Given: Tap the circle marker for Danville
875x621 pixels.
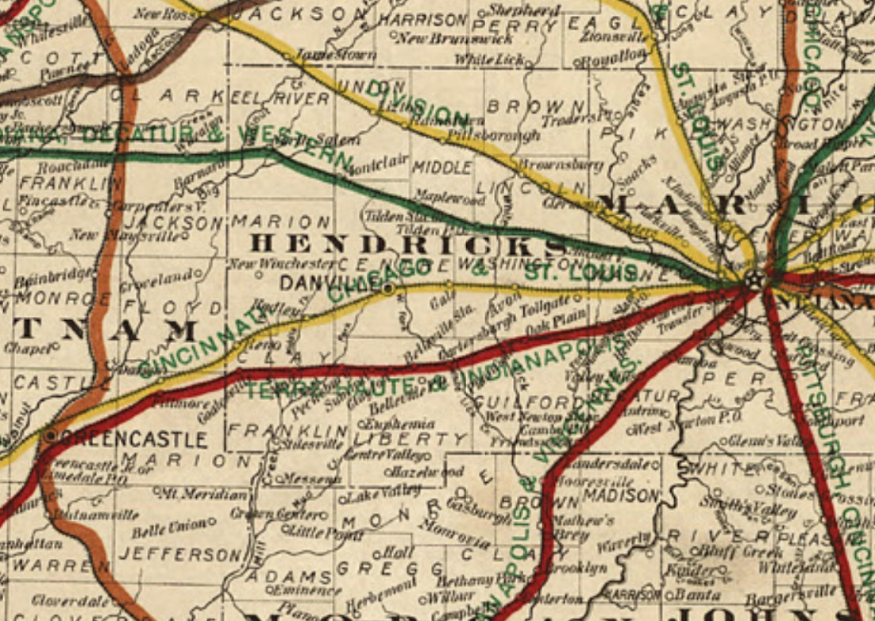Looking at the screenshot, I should tap(387, 290).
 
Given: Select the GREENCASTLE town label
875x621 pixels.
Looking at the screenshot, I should tap(133, 438).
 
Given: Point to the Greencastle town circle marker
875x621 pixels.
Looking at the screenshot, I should tap(52, 435).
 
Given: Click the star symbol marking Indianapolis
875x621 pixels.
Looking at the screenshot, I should tap(754, 280).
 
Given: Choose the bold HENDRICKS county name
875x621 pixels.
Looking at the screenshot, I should tap(409, 245).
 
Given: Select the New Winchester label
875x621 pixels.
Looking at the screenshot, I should tap(279, 263).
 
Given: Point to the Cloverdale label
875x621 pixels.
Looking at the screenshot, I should tap(74, 601).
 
